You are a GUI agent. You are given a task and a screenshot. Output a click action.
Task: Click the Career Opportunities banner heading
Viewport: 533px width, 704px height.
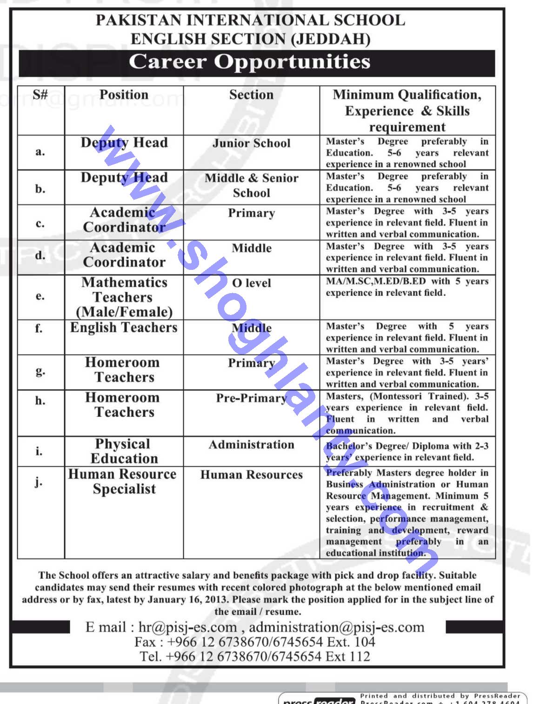click(x=250, y=62)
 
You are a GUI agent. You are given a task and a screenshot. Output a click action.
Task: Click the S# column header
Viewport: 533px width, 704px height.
click(x=40, y=94)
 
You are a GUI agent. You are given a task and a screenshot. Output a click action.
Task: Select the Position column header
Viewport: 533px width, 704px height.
click(x=124, y=94)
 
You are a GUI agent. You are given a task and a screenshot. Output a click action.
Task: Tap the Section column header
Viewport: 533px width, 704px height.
click(x=251, y=94)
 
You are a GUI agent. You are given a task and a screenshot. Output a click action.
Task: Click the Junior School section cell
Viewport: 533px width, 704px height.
click(x=251, y=143)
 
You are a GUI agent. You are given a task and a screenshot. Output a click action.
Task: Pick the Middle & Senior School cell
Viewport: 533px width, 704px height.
click(x=251, y=185)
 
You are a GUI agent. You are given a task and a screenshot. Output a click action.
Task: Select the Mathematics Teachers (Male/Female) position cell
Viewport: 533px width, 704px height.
click(x=124, y=297)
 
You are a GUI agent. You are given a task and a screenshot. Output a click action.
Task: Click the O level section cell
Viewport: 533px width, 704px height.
click(x=251, y=283)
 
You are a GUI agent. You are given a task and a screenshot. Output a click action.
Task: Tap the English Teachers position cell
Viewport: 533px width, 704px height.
click(x=124, y=328)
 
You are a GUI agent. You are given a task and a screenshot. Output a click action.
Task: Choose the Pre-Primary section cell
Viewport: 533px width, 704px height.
click(x=251, y=398)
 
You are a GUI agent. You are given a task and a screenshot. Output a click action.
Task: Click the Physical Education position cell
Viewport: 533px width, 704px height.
click(x=124, y=451)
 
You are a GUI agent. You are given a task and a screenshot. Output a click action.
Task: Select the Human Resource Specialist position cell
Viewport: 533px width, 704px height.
click(x=123, y=481)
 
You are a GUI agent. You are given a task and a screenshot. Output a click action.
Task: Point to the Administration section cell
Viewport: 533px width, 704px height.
click(x=251, y=445)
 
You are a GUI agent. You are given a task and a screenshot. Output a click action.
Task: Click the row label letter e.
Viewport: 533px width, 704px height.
click(x=40, y=296)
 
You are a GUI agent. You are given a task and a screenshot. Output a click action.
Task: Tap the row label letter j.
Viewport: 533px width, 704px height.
click(x=38, y=482)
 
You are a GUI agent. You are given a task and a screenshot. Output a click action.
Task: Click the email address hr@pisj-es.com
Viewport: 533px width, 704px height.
click(x=188, y=627)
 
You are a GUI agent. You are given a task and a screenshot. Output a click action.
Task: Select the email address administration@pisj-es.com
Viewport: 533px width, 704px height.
click(x=337, y=627)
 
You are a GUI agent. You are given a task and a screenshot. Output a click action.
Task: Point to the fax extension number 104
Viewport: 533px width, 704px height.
click(x=364, y=642)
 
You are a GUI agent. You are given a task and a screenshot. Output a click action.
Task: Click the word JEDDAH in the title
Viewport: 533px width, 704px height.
click(x=330, y=39)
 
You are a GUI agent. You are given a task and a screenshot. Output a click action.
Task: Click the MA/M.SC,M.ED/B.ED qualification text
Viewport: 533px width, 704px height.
click(x=376, y=282)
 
